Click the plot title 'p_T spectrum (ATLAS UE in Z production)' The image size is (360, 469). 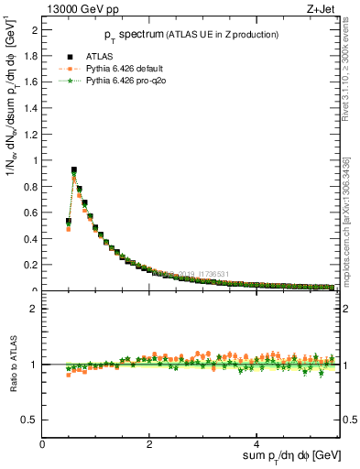[191, 35]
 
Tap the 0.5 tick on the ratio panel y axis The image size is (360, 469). [32, 420]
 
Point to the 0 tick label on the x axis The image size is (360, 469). [43, 444]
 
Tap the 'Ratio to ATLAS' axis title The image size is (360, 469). [12, 364]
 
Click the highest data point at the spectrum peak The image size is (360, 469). [74, 169]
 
